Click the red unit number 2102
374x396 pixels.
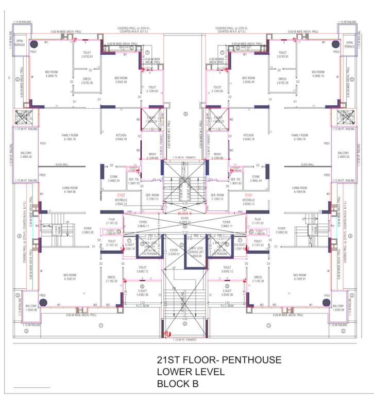122,195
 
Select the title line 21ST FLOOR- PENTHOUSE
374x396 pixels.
219,360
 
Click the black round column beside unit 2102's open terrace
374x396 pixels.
33,44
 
